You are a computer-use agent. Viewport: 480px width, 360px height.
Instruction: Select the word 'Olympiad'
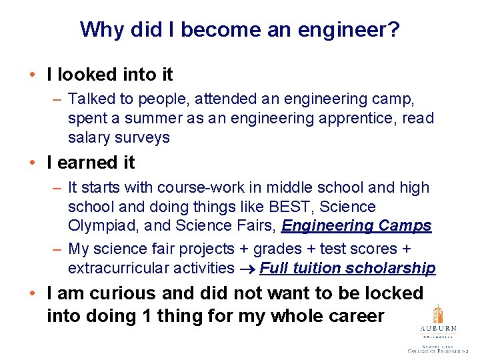click(x=99, y=226)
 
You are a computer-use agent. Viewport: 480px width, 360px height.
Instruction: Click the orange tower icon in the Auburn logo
click(x=437, y=315)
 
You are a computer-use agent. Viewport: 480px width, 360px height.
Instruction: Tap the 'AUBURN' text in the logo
click(x=437, y=329)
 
